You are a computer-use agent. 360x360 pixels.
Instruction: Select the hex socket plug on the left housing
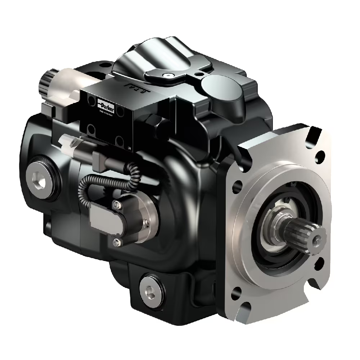click(x=39, y=176)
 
